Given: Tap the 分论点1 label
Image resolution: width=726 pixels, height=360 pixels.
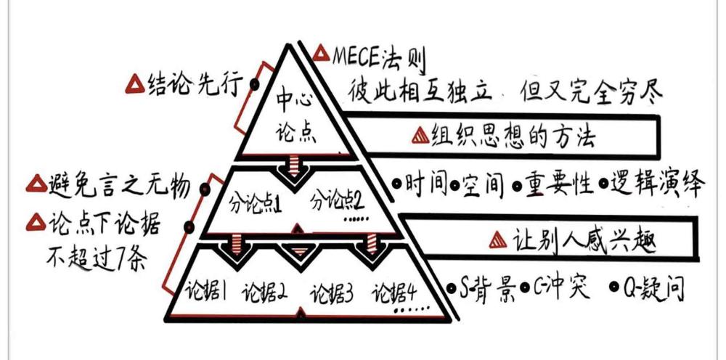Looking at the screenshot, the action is [x=256, y=204].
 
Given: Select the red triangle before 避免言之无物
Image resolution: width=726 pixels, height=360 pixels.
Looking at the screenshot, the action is [x=36, y=184].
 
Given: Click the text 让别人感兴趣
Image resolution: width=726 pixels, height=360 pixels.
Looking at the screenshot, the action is [x=584, y=240].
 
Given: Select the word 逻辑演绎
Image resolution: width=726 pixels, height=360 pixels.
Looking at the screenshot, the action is [x=658, y=185].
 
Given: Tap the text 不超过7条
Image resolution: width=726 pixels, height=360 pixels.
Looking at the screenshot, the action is [x=97, y=260].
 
